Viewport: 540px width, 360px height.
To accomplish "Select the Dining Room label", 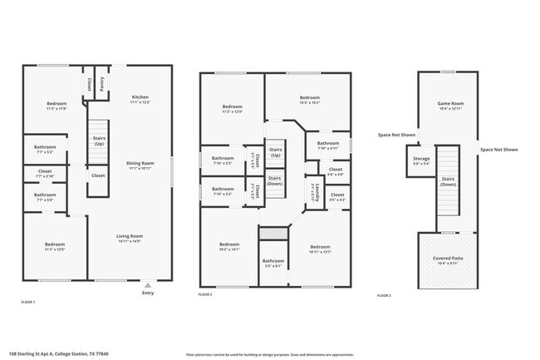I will pyautogui.click(x=140, y=163).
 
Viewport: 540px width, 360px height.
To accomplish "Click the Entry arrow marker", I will pyautogui.click(x=148, y=284).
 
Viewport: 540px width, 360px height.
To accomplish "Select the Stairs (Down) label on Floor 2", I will pyautogui.click(x=275, y=180).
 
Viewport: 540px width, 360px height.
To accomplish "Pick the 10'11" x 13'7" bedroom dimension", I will pyautogui.click(x=320, y=251).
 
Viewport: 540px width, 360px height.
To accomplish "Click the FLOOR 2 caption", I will pyautogui.click(x=205, y=295).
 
